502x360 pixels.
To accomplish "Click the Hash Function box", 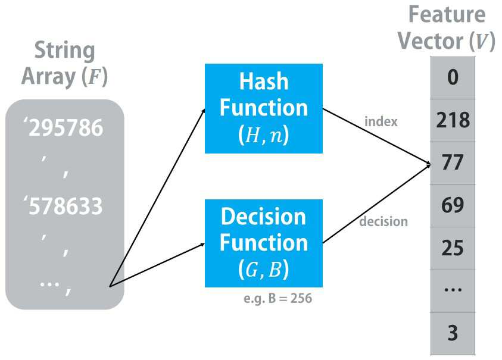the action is coord(263,108).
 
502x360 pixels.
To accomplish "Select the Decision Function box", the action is coord(263,243).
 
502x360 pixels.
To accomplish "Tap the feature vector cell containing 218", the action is coord(453,120).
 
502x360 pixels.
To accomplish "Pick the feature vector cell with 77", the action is coord(453,163).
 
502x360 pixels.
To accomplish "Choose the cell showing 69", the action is coord(453,206).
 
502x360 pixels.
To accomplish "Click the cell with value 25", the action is coord(453,248).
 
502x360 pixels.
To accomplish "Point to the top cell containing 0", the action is coord(453,78).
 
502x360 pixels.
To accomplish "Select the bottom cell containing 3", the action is coord(453,334).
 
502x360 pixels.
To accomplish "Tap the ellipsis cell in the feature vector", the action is coord(453,291).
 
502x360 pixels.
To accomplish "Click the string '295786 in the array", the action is coord(63,128).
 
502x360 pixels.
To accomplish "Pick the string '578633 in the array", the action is coord(63,206).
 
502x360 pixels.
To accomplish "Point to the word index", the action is coord(381,121).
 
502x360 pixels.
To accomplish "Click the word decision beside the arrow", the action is coord(383,221).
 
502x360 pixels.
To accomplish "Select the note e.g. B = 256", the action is coord(277,298).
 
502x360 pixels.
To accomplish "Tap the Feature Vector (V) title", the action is coord(447,28).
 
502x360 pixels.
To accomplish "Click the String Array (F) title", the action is coord(65,64).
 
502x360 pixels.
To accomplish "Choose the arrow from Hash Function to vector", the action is coord(376,137).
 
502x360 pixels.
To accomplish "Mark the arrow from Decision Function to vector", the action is coord(376,204).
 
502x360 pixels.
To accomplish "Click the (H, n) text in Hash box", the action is coord(263,135).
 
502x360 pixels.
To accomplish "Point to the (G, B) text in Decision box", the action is coord(263,269).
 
